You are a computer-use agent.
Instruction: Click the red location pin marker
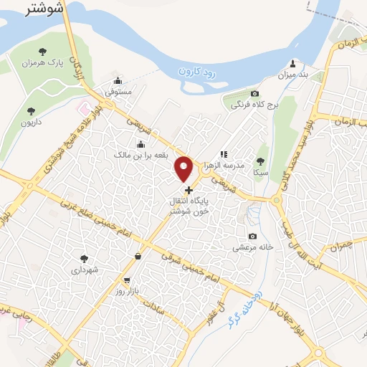[x=184, y=168]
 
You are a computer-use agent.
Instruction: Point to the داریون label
[x=31, y=123]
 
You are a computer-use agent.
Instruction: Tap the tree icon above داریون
[x=30, y=111]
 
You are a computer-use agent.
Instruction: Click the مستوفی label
[x=118, y=92]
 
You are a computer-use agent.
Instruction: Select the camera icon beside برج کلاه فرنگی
[x=254, y=94]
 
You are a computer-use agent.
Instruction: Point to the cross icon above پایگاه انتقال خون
[x=189, y=191]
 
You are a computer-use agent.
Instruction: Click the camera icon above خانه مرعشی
[x=252, y=237]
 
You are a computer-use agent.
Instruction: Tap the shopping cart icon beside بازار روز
[x=127, y=280]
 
